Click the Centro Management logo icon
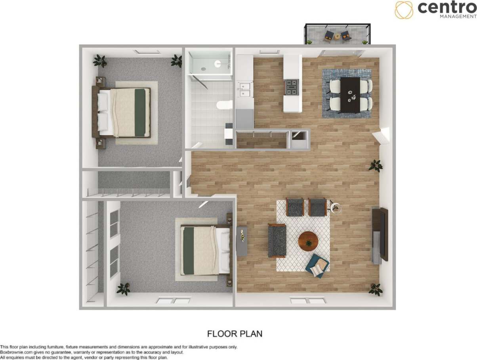pyautogui.click(x=404, y=10)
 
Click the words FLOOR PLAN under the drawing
pyautogui.click(x=235, y=334)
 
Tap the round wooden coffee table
pyautogui.click(x=308, y=241)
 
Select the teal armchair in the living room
pyautogui.click(x=318, y=265)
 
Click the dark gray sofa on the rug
pyautogui.click(x=277, y=240)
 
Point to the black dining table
pyautogui.click(x=350, y=95)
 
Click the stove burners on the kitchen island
pyautogui.click(x=292, y=87)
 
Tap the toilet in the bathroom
pyautogui.click(x=224, y=105)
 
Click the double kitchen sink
pyautogui.click(x=244, y=90)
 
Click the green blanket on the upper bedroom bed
pyautogui.click(x=140, y=112)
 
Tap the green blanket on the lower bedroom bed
pyautogui.click(x=188, y=250)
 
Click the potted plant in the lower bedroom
pyautogui.click(x=124, y=289)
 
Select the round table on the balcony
pyautogui.click(x=337, y=37)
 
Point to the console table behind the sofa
pyautogui.click(x=242, y=241)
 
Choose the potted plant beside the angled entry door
pyautogui.click(x=376, y=166)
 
